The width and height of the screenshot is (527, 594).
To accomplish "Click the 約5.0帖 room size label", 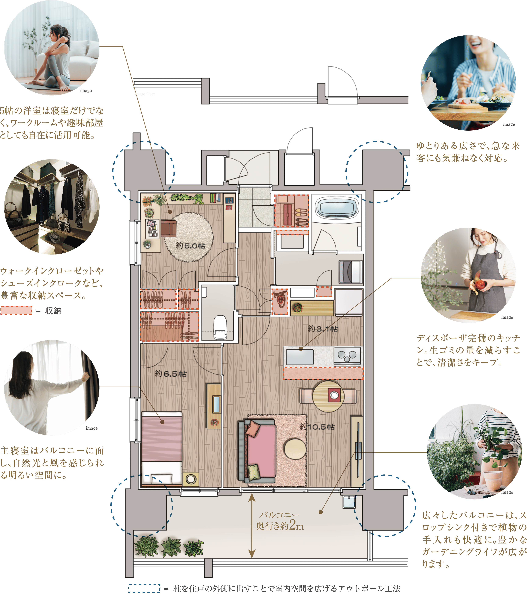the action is tap(191, 246).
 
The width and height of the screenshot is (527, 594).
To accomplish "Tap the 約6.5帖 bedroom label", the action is tap(171, 374).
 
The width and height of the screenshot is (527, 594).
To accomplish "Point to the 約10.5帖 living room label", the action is tap(317, 427).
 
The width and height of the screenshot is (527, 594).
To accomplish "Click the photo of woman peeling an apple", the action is tap(468, 275).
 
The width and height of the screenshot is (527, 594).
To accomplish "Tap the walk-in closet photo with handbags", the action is tap(52, 207).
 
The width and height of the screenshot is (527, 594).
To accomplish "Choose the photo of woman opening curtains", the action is tap(52, 388).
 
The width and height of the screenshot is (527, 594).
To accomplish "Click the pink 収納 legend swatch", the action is tap(16, 310).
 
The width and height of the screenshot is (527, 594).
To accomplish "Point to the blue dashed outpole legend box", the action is tap(144, 589).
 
